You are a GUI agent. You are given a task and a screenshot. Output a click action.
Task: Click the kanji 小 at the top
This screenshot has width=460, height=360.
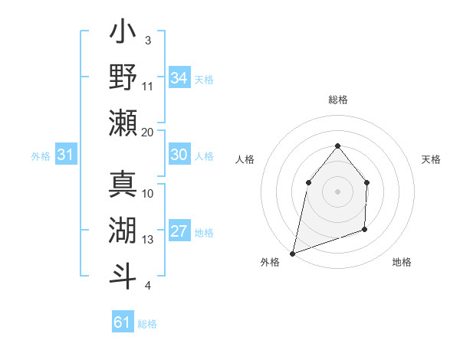pos(123,34)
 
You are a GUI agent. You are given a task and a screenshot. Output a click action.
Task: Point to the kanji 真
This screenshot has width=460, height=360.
pos(123,185)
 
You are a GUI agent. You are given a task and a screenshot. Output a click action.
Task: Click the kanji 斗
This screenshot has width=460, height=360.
pos(123,275)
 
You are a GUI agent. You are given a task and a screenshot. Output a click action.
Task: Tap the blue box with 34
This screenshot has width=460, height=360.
pos(179,77)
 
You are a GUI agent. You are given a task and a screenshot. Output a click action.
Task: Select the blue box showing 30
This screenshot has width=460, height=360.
pos(179,155)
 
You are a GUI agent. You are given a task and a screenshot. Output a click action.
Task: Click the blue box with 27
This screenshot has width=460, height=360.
pos(179,232)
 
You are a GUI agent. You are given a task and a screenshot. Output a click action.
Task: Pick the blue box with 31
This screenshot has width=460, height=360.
pos(65,155)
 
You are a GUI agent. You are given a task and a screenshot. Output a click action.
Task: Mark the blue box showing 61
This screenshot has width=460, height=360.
pos(122,322)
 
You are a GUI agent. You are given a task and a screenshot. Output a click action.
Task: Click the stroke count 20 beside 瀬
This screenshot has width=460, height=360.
pos(148,132)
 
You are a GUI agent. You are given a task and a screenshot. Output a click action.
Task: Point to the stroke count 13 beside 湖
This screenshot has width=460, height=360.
pos(148,240)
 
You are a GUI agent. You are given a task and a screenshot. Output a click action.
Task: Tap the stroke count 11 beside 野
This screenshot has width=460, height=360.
pos(148,86)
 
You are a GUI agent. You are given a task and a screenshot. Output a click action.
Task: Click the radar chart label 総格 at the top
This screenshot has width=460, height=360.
pos(337,100)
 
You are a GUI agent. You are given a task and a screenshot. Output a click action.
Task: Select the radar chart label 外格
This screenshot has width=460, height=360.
pos(270,263)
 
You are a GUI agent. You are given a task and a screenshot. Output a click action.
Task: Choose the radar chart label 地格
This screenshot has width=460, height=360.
pos(402,263)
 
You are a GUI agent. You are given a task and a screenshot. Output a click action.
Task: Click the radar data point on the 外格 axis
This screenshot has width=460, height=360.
pos(292,253)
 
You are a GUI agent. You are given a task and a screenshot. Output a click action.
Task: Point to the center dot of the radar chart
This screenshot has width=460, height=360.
pos(337,191)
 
